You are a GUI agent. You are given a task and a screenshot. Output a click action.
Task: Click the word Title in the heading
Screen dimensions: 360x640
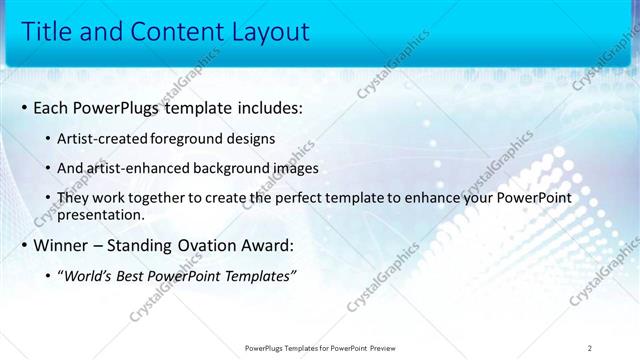click(46, 32)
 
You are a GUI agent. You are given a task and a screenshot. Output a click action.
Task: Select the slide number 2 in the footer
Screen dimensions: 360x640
click(590, 348)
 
